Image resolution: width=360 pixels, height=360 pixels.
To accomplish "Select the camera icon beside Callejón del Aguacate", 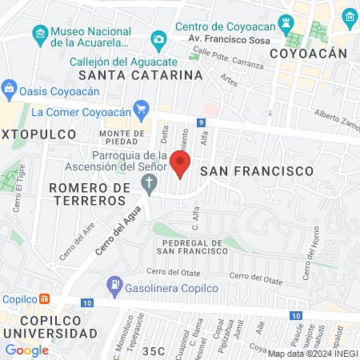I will coord(158,39).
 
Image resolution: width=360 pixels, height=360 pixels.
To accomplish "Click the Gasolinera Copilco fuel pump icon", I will coord(115,283).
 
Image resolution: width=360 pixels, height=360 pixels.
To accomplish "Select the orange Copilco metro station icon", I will coord(45,299).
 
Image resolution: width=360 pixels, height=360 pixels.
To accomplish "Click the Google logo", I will coord(26,350).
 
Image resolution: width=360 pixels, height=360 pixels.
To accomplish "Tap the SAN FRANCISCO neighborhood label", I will coord(255,171).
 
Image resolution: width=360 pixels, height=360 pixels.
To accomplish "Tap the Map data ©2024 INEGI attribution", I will coord(311,354).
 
